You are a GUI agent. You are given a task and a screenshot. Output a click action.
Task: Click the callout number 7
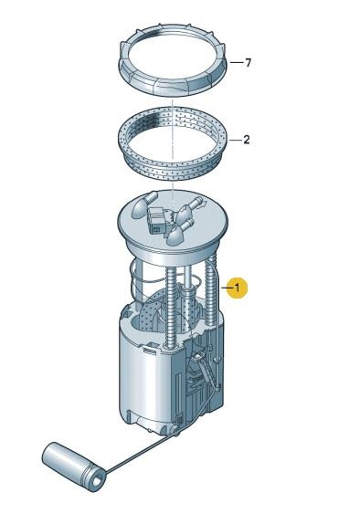pos(248,62)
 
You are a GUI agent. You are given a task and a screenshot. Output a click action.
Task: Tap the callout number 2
pos(247,140)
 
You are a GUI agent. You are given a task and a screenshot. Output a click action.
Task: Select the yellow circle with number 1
pos(238,288)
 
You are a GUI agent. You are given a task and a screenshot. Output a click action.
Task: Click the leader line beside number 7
pos(237,62)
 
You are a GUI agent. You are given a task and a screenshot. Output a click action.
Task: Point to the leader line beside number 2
pos(235,140)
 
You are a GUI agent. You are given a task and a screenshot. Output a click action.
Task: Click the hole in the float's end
pos(98,481)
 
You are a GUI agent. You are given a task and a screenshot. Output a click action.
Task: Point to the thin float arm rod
pos(141,450)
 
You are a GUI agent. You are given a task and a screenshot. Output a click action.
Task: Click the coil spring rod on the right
pos(212,290)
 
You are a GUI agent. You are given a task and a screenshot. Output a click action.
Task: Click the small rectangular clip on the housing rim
pos(151,351)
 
